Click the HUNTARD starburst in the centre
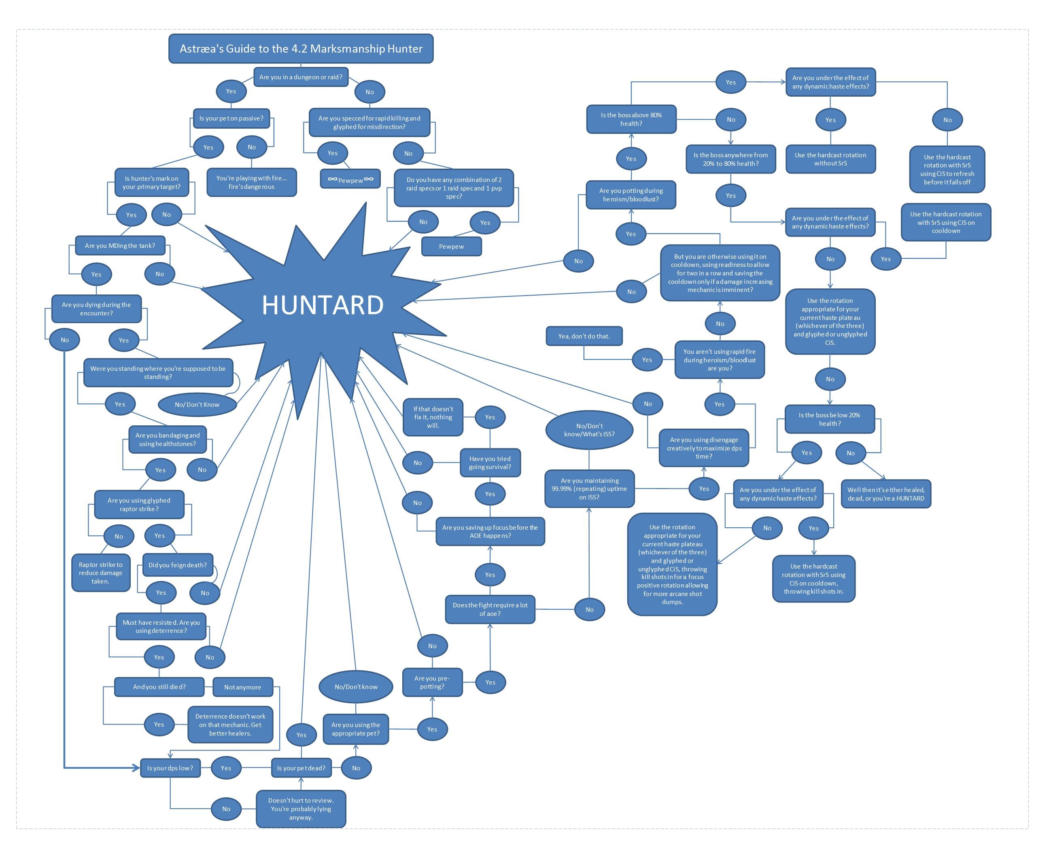coord(323,305)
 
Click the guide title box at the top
coord(301,49)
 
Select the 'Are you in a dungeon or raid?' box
coord(301,77)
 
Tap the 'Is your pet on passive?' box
coord(231,118)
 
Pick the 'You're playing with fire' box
coord(252,182)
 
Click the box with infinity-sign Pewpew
coord(351,180)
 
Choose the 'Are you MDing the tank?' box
coord(120,245)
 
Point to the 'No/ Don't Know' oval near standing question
coord(197,404)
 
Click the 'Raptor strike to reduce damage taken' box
coord(101,573)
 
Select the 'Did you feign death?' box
coord(178,565)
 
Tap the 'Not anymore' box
coord(243,687)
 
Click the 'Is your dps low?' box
coord(170,768)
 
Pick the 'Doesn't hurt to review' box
coord(301,809)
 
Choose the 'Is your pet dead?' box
coord(301,768)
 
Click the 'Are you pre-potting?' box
coord(432,682)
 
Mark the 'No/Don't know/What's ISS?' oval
coord(589,430)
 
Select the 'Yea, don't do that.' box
coord(584,336)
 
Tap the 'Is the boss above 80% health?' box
coord(631,119)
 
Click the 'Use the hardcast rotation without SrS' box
coord(830,159)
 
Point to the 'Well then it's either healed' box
coord(885,494)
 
